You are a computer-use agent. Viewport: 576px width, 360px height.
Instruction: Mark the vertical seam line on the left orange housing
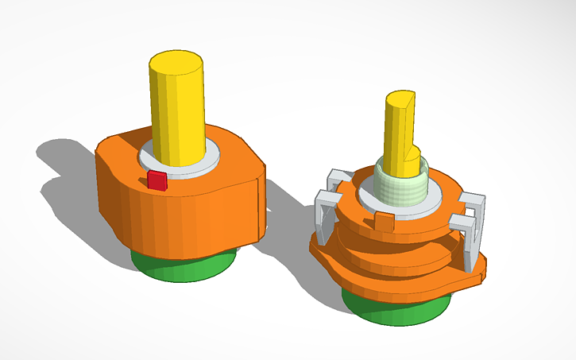261,208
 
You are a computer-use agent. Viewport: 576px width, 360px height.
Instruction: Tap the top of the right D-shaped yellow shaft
397,99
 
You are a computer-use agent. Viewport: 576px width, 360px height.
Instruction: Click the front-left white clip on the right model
326,215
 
